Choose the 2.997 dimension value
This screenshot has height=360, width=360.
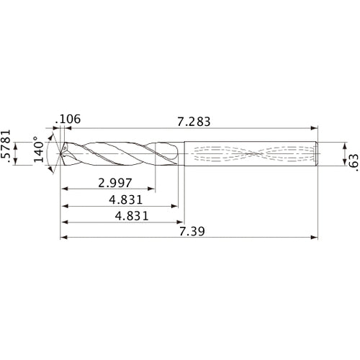click(116, 183)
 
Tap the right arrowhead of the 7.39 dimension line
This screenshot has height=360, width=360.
click(315, 236)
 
